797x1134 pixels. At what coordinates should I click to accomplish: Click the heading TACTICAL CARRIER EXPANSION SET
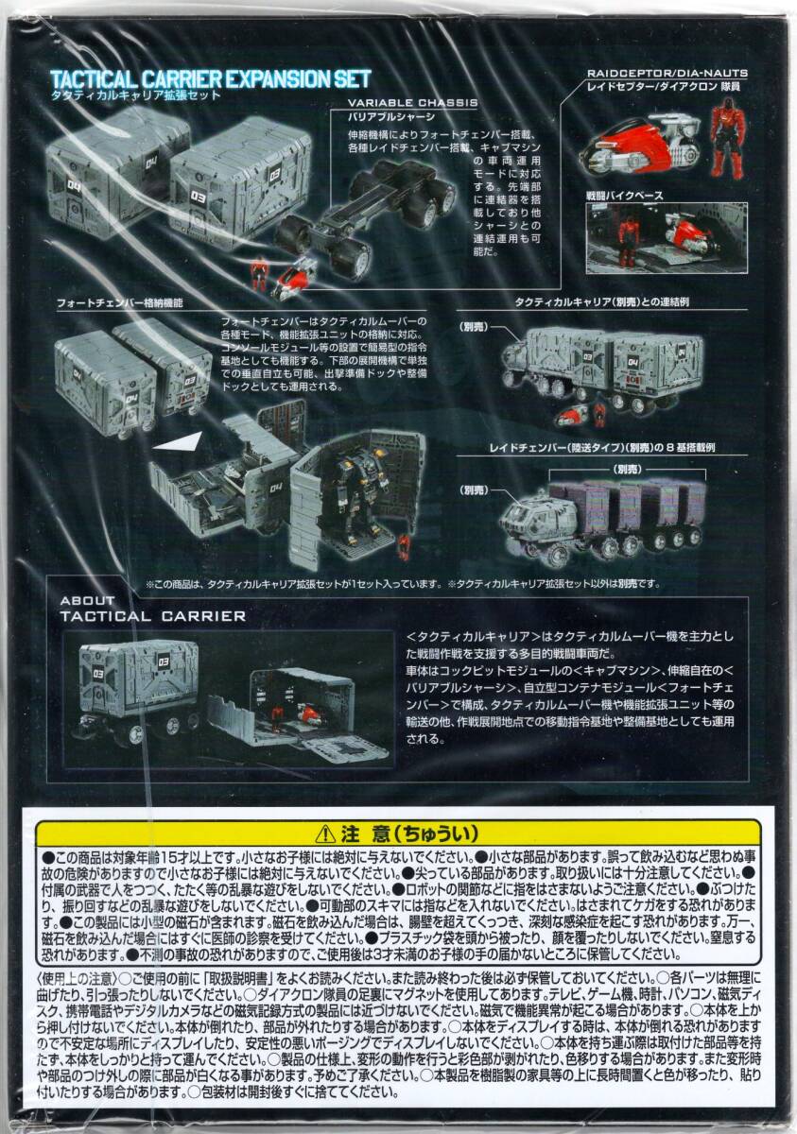point(210,78)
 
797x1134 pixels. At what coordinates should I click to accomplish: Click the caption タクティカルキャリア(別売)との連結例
point(606,301)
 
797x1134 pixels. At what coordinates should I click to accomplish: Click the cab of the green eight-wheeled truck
point(533,519)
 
